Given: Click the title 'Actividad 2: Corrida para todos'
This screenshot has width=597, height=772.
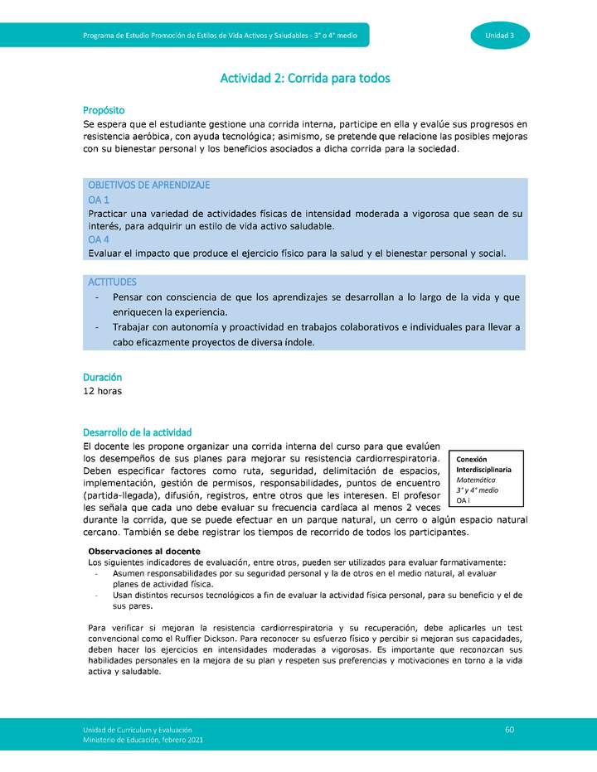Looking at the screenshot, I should [x=304, y=79].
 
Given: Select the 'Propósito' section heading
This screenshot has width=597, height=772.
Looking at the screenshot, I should [x=104, y=111].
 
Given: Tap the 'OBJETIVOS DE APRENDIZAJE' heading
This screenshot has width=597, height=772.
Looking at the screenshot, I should [x=148, y=185].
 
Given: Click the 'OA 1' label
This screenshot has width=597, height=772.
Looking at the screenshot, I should [x=99, y=200].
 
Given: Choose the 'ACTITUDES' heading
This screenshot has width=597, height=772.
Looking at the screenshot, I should [x=112, y=282].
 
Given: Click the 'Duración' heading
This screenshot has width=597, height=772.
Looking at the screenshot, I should [x=102, y=377].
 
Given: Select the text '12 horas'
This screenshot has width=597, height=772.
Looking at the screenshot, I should [x=103, y=391].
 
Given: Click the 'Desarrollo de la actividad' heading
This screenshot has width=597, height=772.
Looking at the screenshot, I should [x=137, y=432].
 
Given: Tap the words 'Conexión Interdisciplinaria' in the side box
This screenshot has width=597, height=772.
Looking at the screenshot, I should [x=483, y=465].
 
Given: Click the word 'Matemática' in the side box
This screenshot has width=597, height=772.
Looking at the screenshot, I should [x=478, y=480].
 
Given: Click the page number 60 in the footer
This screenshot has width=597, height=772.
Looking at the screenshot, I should [x=510, y=729].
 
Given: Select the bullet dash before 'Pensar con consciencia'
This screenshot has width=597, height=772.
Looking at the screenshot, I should [x=98, y=297].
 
